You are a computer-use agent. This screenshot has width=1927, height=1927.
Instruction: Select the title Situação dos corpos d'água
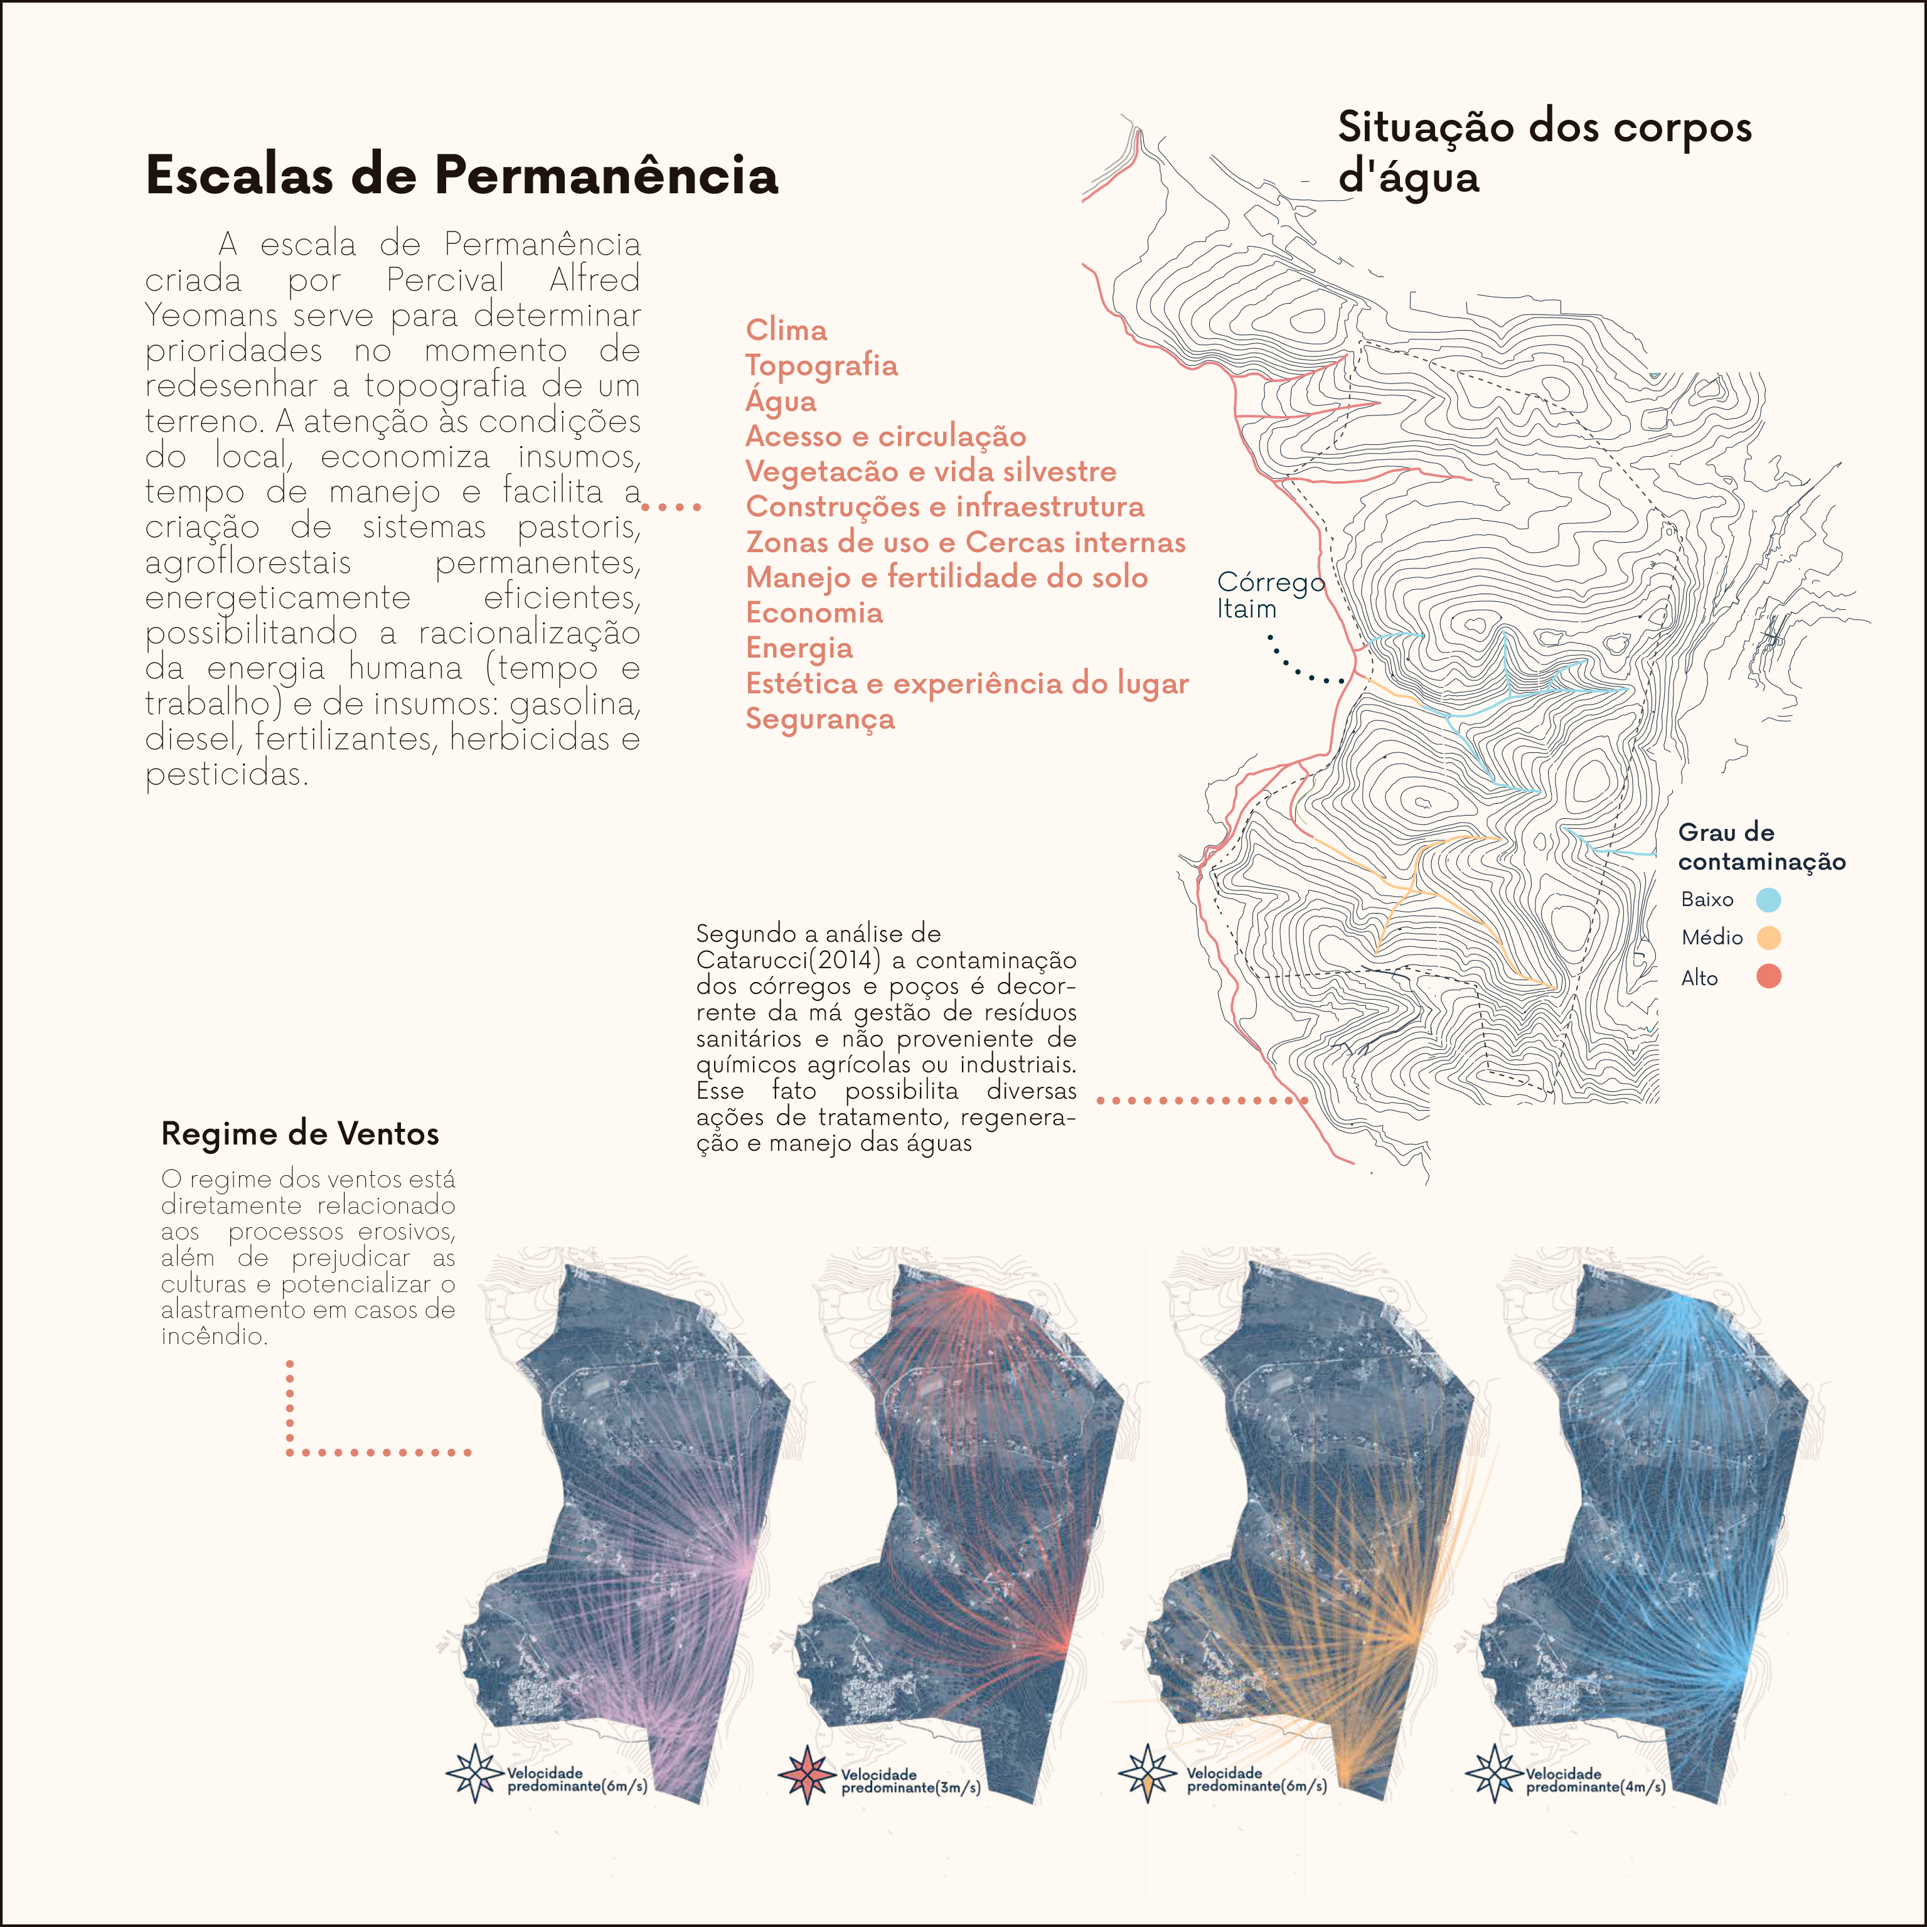[x=1544, y=152]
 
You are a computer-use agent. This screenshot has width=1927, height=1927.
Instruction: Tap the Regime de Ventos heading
[x=299, y=1134]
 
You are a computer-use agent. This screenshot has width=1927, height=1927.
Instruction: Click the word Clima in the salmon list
[x=786, y=330]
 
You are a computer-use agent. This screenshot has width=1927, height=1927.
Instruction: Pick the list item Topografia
[x=821, y=366]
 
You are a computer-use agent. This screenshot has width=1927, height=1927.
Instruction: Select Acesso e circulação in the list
[x=886, y=436]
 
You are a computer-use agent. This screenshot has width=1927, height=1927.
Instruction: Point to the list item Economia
[x=814, y=612]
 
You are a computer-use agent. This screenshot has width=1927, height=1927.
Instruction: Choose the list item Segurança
[x=820, y=719]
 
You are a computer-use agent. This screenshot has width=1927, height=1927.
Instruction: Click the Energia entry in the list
[x=799, y=648]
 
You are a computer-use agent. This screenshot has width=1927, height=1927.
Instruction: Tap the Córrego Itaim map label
[x=1269, y=595]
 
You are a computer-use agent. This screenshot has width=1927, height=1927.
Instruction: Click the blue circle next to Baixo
[x=1768, y=900]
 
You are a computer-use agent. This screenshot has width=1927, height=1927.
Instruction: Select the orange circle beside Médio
[x=1768, y=937]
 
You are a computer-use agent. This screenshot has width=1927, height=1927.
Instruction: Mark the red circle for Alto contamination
[x=1768, y=976]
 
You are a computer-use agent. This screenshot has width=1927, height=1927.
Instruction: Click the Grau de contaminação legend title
[x=1761, y=847]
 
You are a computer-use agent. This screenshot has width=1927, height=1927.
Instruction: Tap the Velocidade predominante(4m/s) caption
[x=1594, y=1780]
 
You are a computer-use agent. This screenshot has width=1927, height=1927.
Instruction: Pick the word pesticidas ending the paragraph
[x=227, y=774]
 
